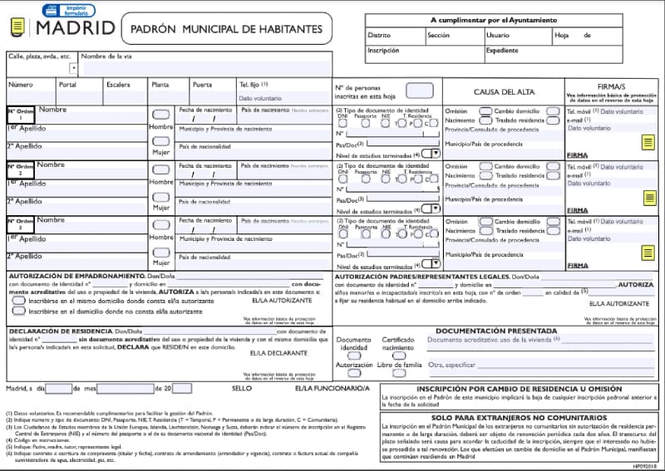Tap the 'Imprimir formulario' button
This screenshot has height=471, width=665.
(x=71, y=9)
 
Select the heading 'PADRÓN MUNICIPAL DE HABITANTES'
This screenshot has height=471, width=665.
(x=226, y=29)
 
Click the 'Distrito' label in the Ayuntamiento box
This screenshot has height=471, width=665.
(x=379, y=36)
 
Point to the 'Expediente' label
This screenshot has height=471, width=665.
(x=502, y=50)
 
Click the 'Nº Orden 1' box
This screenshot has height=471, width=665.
(x=21, y=115)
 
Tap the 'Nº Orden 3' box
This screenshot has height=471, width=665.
(x=21, y=224)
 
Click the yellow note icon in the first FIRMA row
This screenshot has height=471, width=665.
(x=648, y=143)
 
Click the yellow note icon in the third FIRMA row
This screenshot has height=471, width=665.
(x=648, y=253)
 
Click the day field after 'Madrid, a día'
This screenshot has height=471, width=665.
(x=59, y=388)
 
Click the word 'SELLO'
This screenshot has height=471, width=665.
(x=242, y=388)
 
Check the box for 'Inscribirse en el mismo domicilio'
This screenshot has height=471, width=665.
(x=19, y=301)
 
